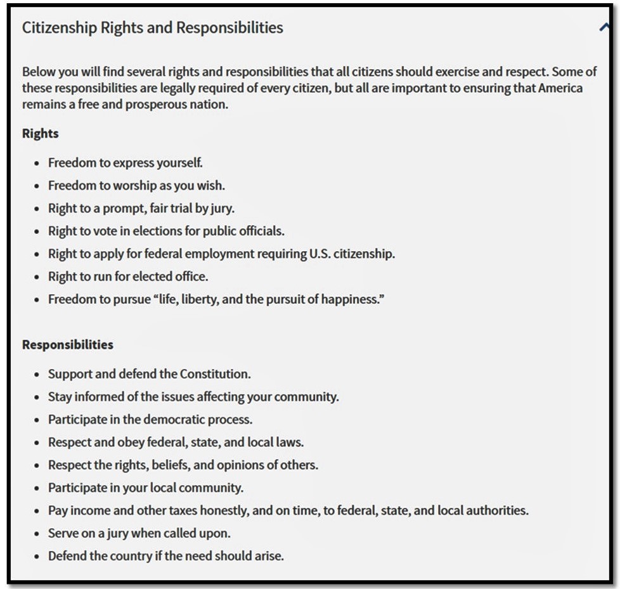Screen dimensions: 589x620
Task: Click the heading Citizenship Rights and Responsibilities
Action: click(x=152, y=28)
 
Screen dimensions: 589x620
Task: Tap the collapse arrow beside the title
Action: click(x=603, y=27)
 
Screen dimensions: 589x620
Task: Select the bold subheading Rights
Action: click(x=40, y=134)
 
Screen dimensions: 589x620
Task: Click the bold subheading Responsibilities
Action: click(x=67, y=345)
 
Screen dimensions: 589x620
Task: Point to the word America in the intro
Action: click(x=560, y=88)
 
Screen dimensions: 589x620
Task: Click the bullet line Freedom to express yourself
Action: click(x=126, y=163)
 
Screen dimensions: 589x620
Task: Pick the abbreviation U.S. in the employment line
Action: click(x=322, y=254)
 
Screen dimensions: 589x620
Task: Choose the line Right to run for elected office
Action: click(x=128, y=277)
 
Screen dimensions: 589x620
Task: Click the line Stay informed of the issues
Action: click(x=193, y=397)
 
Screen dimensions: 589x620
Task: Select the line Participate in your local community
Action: click(x=146, y=488)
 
